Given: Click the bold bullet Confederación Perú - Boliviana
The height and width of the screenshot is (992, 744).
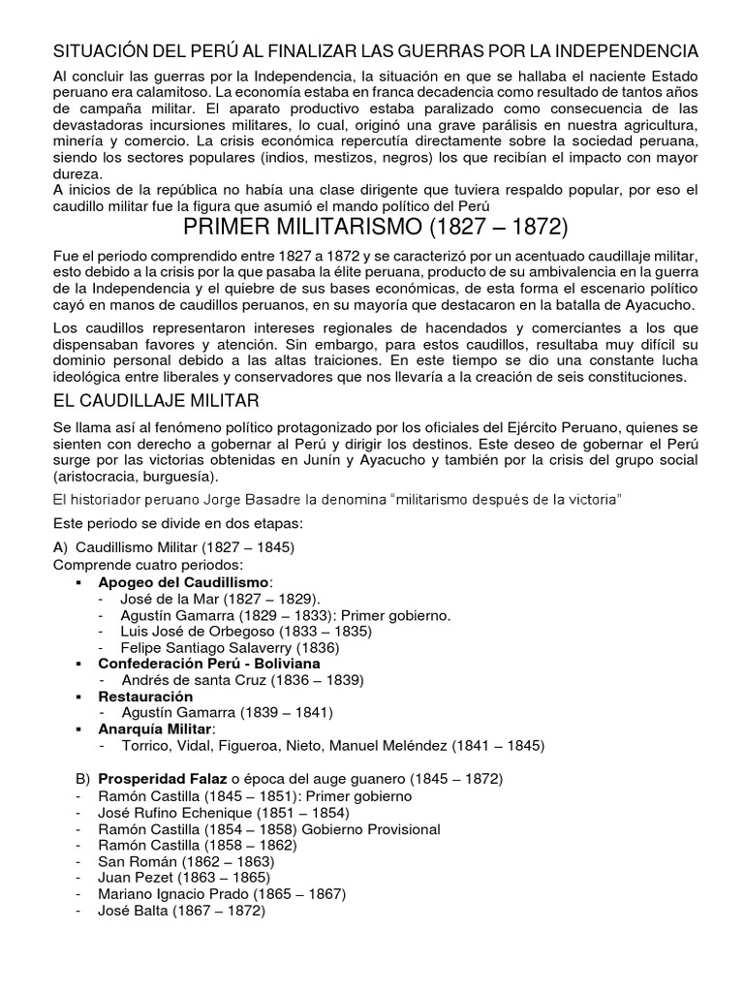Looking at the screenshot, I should pyautogui.click(x=201, y=664).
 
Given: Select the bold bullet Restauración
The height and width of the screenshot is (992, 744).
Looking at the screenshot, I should pyautogui.click(x=145, y=697).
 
